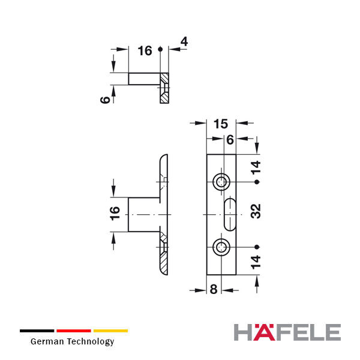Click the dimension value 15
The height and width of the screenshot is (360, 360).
pos(221,124)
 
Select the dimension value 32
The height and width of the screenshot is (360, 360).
pos(256,211)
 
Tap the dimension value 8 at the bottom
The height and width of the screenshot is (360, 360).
pos(214,289)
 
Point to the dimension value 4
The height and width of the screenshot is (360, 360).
pos(184,41)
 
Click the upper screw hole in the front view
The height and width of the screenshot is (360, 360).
pos(221,182)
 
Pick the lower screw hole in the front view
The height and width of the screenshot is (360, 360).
pos(221,247)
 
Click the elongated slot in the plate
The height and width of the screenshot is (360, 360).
pos(230,214)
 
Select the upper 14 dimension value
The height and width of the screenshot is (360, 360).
pos(256,167)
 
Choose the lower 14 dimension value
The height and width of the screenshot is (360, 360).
pos(256,262)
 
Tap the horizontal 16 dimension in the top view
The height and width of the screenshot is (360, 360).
pos(145,51)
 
